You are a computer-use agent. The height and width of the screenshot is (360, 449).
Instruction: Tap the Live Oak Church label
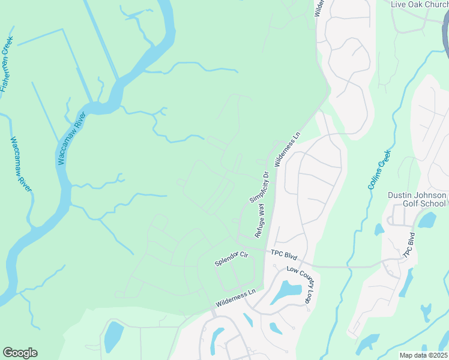coord(419,4)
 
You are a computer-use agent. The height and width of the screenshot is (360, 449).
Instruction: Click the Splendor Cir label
coord(231,259)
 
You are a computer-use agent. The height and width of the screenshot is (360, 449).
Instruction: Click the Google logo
coord(20,353)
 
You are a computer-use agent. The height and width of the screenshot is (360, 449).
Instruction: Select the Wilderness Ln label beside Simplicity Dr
coord(287,150)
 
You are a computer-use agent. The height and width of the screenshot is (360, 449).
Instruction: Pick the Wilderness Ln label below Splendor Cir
coord(236,298)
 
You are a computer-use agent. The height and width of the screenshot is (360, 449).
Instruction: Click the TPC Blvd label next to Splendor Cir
coord(284,254)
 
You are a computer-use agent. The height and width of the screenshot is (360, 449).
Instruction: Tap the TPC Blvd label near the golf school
coord(408,247)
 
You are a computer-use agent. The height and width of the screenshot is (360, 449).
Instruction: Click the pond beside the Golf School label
coord(427,220)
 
